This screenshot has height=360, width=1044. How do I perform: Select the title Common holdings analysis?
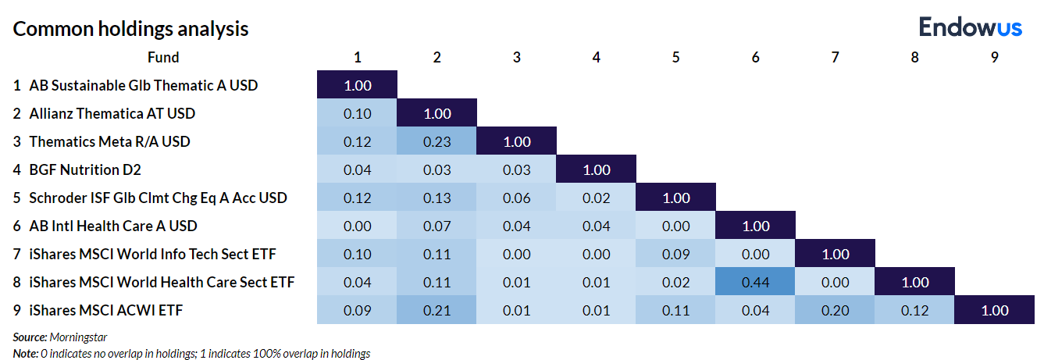coord(131,29)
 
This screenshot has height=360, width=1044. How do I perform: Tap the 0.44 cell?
coord(755,282)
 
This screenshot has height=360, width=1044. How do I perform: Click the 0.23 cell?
coord(437,141)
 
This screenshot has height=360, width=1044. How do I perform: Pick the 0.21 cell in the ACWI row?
coord(437,310)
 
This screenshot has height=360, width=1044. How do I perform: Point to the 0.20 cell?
coord(835,310)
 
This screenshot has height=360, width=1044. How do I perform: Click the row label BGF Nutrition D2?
coord(85,169)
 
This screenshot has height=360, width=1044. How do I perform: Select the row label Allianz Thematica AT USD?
coord(112,113)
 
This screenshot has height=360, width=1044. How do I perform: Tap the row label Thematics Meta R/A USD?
coord(109,141)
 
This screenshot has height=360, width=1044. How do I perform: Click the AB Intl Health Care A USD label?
coord(112,226)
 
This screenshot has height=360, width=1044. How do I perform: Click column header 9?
coord(994,57)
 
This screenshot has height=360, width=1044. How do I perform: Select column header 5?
coord(675,57)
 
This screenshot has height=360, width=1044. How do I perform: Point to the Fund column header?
coord(163,57)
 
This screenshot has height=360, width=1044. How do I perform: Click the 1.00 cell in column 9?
coord(994,310)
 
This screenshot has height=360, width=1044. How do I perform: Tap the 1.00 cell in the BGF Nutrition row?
coord(597,169)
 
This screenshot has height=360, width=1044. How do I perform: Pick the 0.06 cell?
coord(517,198)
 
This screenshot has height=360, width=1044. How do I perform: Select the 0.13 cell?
coord(437,198)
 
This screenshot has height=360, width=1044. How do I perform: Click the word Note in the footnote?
coord(24,353)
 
